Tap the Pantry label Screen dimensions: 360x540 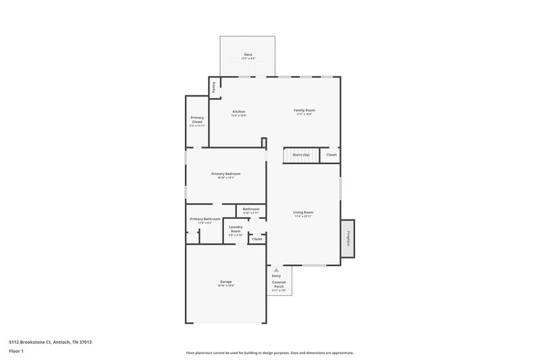tap(214, 86)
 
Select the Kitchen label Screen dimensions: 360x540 tap(239, 111)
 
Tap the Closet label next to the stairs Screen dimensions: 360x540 tap(331, 155)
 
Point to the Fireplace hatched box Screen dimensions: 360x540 tap(348, 238)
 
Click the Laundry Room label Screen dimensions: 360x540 tap(236, 229)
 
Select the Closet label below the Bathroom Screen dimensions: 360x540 tap(257, 239)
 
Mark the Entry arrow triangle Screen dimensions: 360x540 tap(276, 269)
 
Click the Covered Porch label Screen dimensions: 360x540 tap(279, 284)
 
